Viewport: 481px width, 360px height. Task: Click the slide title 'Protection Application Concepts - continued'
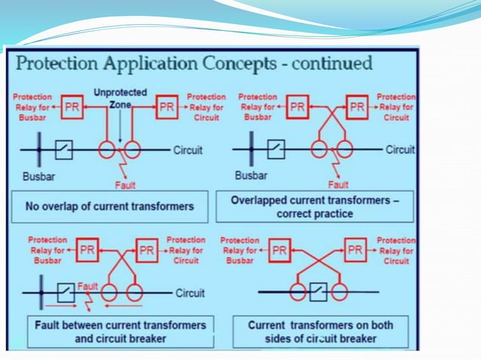pyautogui.click(x=195, y=63)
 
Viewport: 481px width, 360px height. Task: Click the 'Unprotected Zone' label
pyautogui.click(x=115, y=98)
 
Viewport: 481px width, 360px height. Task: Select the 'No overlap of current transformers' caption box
pyautogui.click(x=110, y=206)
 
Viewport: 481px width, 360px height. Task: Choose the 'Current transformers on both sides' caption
pyautogui.click(x=320, y=332)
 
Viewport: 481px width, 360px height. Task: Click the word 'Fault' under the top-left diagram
pyautogui.click(x=125, y=185)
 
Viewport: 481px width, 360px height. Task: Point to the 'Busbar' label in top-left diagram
pyautogui.click(x=34, y=178)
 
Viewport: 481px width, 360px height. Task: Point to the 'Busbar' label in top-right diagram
pyautogui.click(x=251, y=177)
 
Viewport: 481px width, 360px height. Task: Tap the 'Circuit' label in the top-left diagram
pyautogui.click(x=188, y=150)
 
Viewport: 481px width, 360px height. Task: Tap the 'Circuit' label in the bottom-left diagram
pyautogui.click(x=191, y=293)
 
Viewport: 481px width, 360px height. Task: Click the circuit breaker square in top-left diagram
pyautogui.click(x=64, y=150)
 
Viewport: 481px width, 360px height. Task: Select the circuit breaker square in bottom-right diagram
pyautogui.click(x=319, y=290)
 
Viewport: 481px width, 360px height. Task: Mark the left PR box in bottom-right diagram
pyautogui.click(x=280, y=249)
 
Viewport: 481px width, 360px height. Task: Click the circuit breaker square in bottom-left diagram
pyautogui.click(x=66, y=291)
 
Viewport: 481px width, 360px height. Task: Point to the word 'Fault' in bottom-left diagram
pyautogui.click(x=88, y=286)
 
